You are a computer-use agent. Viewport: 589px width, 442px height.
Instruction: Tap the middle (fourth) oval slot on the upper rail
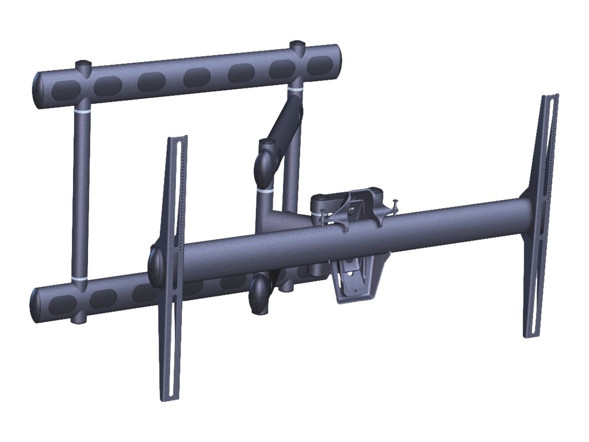pos(197,77)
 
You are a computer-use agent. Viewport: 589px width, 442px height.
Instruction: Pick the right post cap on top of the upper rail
pos(297,44)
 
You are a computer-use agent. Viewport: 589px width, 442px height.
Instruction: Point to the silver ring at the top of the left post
pos(82,108)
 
